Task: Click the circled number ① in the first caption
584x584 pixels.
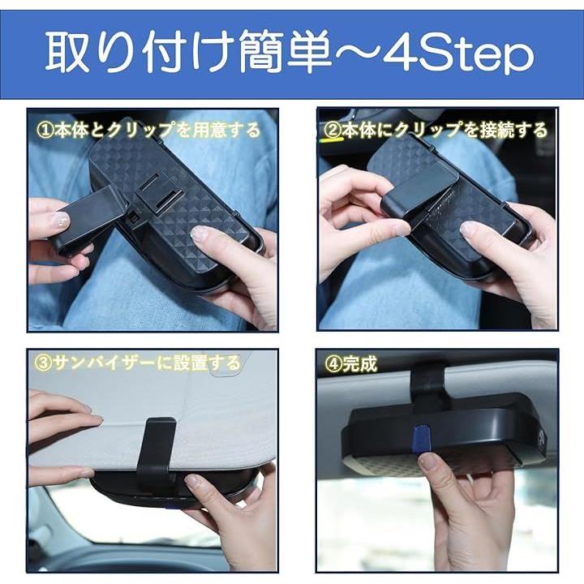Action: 45,131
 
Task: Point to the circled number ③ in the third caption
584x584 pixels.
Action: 43,363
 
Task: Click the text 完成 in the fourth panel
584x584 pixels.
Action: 360,364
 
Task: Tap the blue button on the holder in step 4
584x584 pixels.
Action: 422,438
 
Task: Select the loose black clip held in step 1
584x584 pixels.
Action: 89,220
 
